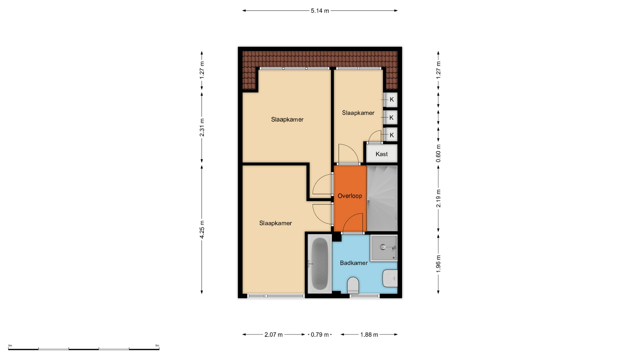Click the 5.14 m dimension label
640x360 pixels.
(x=320, y=11)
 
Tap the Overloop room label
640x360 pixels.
(x=350, y=196)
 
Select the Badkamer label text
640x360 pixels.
(x=354, y=263)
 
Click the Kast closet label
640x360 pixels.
(x=382, y=154)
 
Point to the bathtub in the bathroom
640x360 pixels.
(x=319, y=264)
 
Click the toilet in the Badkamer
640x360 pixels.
(x=353, y=285)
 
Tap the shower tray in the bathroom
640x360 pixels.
(x=384, y=248)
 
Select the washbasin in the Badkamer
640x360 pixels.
(x=390, y=278)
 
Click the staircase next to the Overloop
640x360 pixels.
(x=382, y=198)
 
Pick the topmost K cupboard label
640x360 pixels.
(x=392, y=99)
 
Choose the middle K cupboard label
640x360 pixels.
(x=392, y=117)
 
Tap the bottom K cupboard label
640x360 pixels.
(x=392, y=135)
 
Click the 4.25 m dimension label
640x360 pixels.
(x=202, y=229)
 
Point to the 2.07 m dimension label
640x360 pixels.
(x=274, y=335)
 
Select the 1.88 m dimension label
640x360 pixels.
(x=369, y=335)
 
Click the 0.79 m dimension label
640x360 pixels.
(x=320, y=335)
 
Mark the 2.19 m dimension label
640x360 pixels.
(x=438, y=198)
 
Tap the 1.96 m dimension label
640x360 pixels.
(x=438, y=264)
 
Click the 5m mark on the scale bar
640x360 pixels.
(x=157, y=346)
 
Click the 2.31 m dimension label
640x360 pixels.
(x=202, y=127)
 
